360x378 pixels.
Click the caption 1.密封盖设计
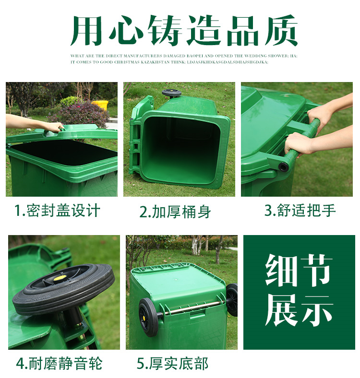coord(57,211)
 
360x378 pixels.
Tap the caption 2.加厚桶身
coord(175,212)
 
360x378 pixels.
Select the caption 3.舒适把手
coord(300,210)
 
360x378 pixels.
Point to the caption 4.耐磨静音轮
coord(59,363)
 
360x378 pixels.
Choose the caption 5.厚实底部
coord(172,363)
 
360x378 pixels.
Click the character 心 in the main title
coord(127,30)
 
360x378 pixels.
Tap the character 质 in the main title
coord(281,30)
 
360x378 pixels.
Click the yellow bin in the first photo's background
coord(100,105)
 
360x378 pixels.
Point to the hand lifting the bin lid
coord(52,127)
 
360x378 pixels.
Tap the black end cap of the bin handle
coord(284,166)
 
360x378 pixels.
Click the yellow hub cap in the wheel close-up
coord(59,278)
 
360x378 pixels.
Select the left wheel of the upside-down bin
coord(148,317)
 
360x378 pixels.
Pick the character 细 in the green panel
coord(282,270)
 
